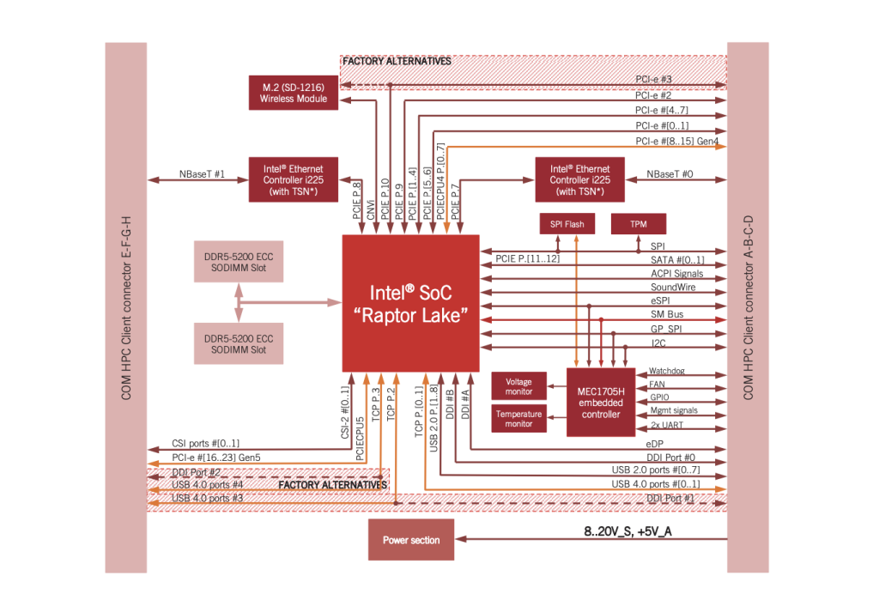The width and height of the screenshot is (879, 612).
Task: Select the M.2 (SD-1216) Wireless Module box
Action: pos(294,93)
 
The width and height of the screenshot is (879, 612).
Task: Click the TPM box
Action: pos(638,224)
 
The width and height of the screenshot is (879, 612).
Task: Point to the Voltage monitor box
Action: pos(518,386)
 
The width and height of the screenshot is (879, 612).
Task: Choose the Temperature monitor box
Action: pos(518,419)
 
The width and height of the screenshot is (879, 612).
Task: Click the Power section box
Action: pos(410,540)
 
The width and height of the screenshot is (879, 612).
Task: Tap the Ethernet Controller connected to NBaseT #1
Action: pos(294,179)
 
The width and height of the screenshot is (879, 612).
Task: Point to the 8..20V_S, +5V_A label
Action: pos(627,532)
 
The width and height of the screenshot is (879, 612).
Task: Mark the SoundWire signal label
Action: pos(673,287)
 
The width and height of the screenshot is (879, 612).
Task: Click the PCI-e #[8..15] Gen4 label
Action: pos(677,141)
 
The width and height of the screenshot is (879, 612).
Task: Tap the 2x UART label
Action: pos(667,425)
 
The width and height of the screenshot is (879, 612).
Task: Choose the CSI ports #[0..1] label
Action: pos(206,443)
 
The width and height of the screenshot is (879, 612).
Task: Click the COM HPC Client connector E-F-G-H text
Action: pos(126,307)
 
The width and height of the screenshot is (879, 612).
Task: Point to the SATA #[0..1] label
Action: pos(677,260)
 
